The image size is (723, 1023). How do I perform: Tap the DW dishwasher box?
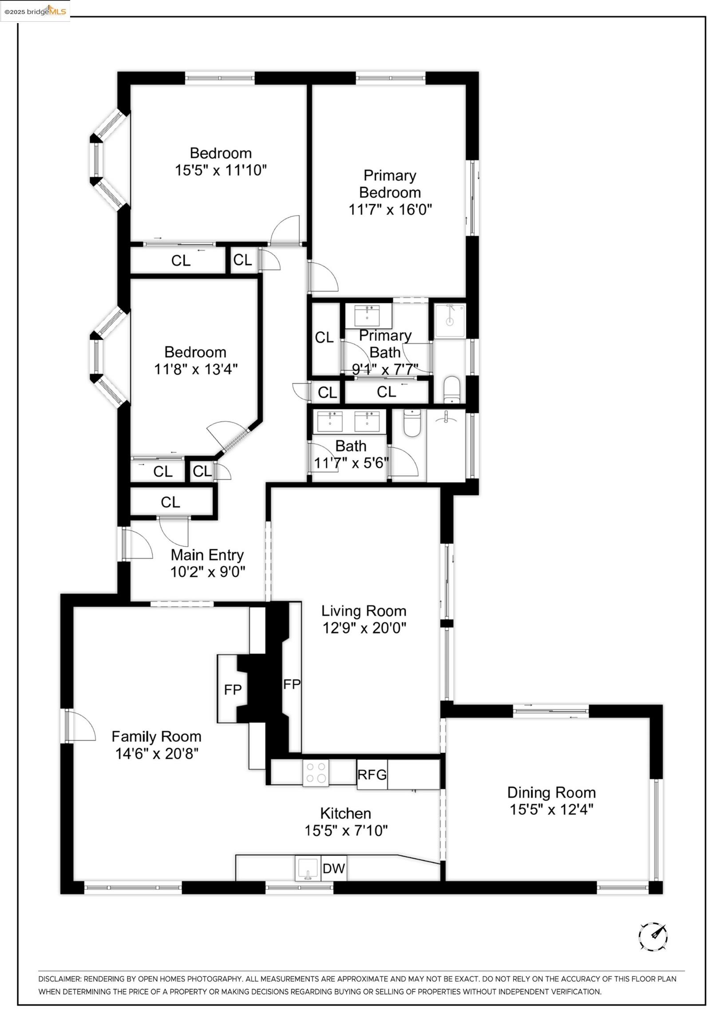[334, 881]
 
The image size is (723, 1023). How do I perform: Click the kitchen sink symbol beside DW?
[308, 880]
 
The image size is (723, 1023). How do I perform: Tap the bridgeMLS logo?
[35, 11]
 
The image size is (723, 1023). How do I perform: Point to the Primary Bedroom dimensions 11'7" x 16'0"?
[390, 209]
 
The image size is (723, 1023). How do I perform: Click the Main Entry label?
[207, 555]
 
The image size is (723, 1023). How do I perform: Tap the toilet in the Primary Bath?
[452, 389]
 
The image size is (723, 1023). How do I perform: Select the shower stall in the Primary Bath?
[450, 321]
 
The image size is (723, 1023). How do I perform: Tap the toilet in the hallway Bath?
[411, 423]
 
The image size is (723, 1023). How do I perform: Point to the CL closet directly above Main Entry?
[170, 502]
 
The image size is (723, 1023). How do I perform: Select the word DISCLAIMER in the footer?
[59, 979]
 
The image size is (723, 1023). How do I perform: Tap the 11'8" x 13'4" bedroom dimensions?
[196, 369]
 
